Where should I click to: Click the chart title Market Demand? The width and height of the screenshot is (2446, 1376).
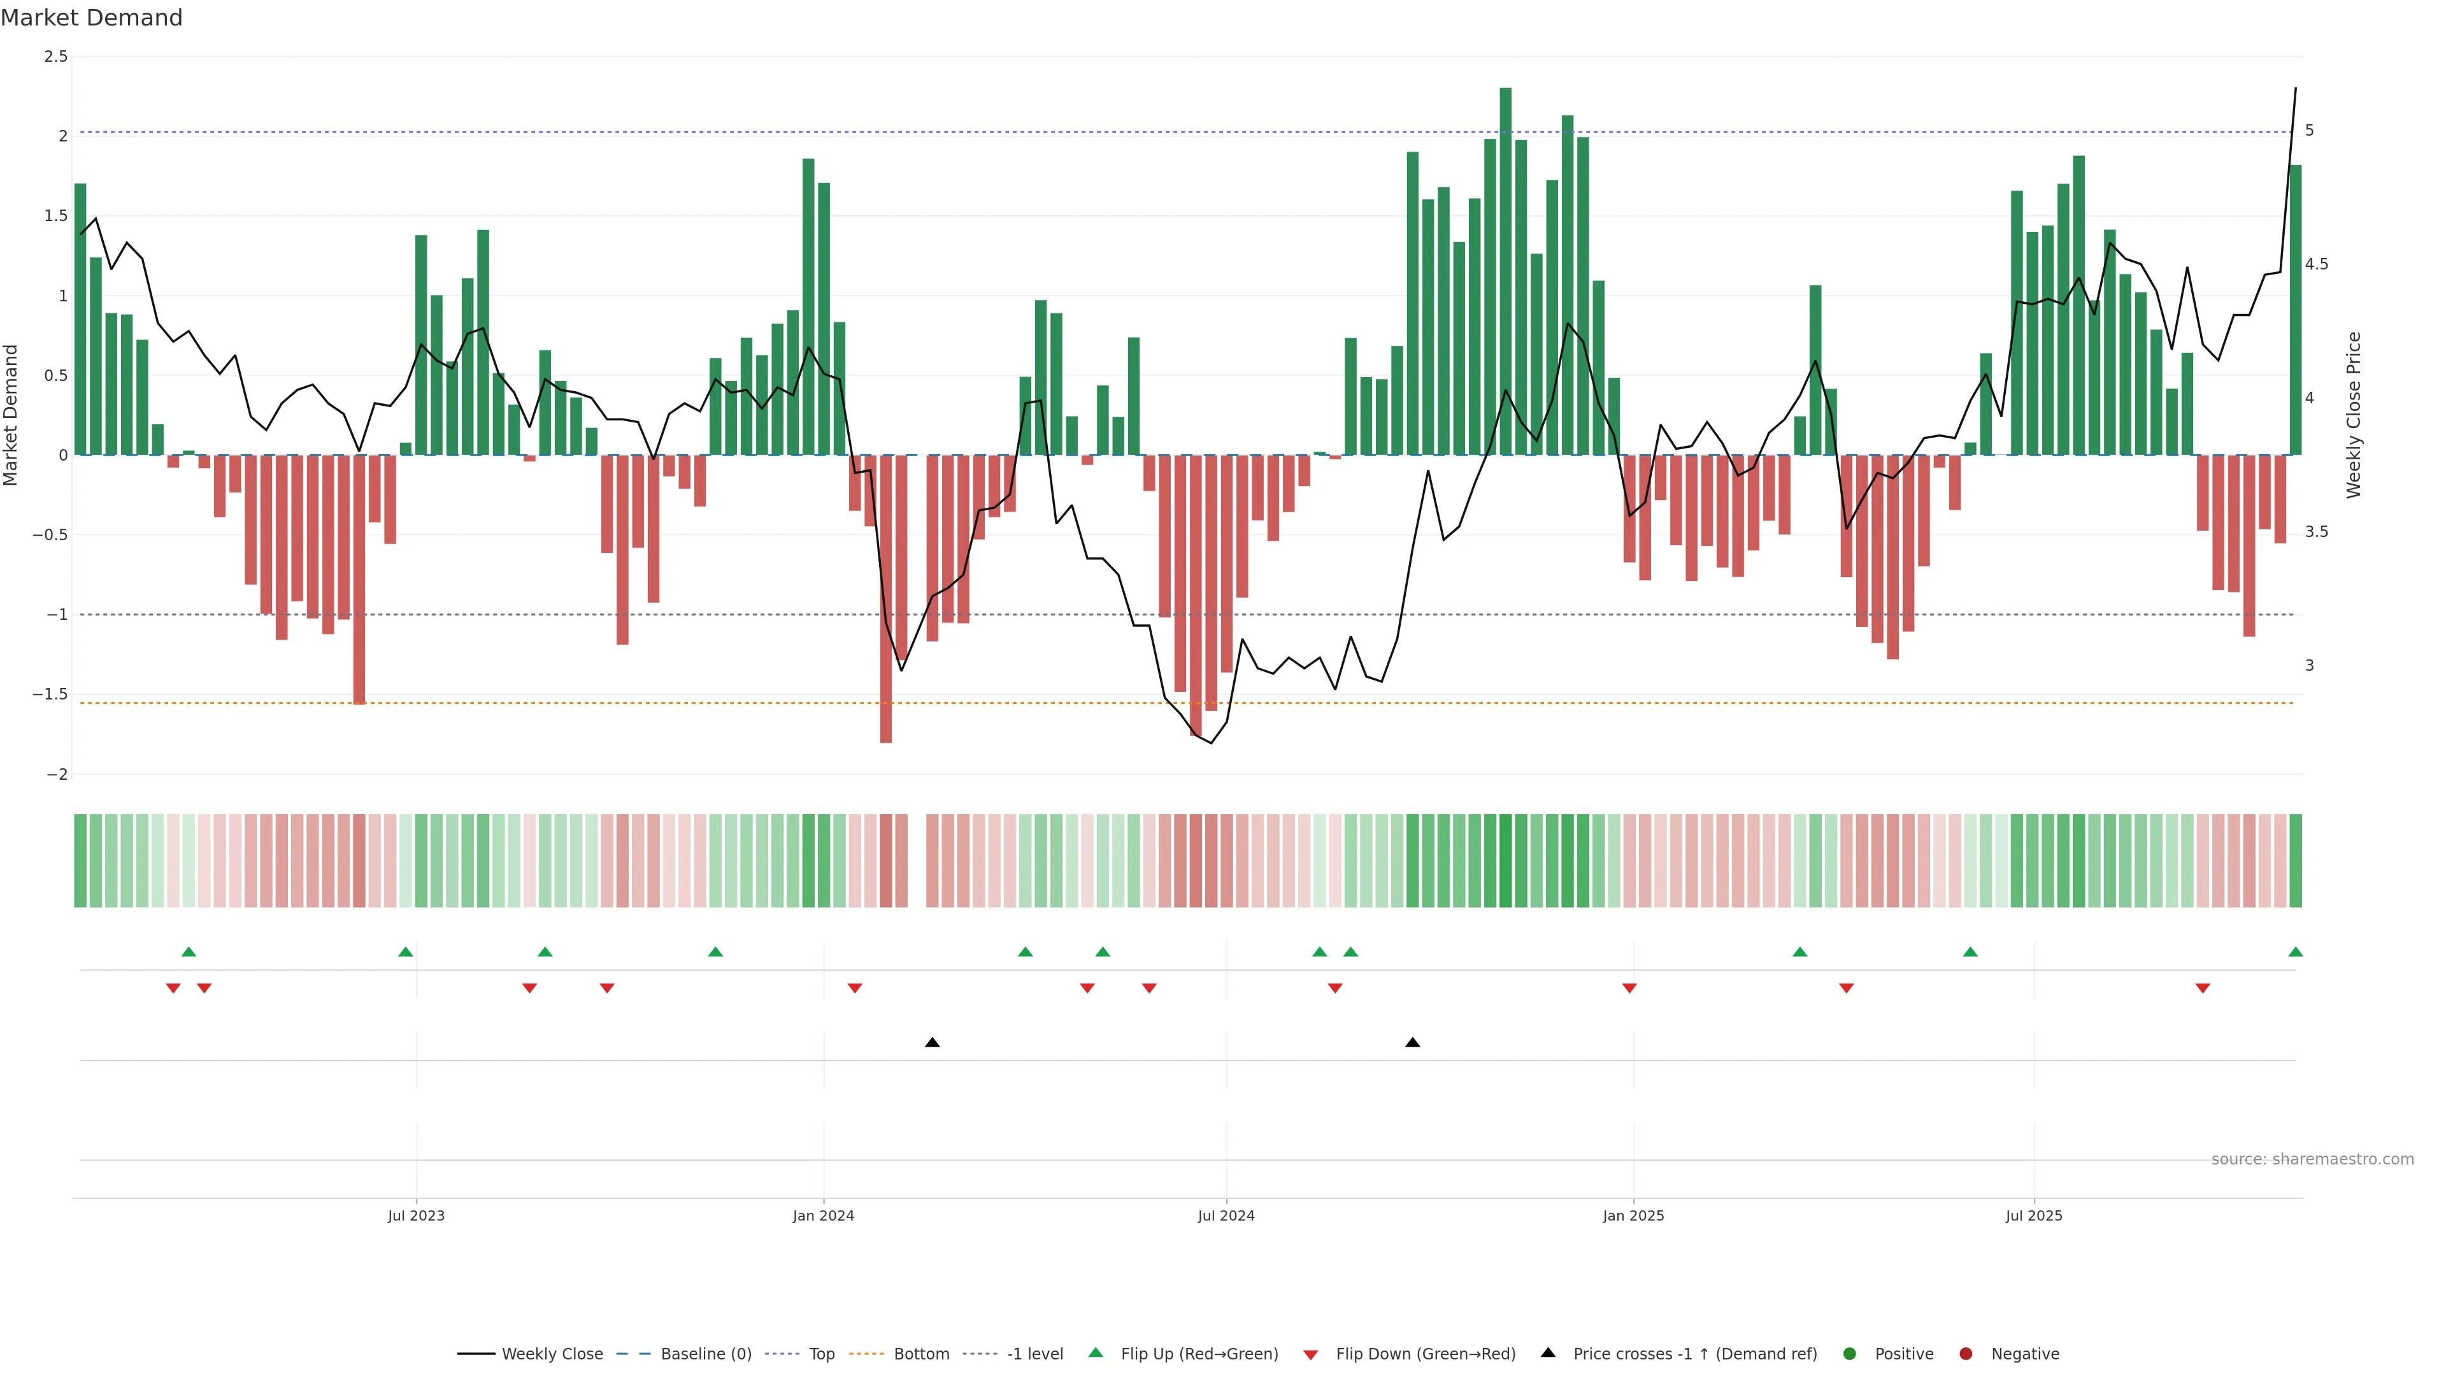tap(91, 18)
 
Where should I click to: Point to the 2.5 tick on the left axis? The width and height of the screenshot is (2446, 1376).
tap(56, 57)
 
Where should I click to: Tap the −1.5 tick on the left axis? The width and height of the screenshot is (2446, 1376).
tap(50, 694)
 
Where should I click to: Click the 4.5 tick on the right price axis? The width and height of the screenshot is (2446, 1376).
tap(2316, 264)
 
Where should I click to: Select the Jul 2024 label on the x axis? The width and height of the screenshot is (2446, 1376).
tap(1226, 1215)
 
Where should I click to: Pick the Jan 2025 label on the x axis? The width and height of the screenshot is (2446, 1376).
tap(1633, 1215)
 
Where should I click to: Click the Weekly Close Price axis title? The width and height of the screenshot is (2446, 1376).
tap(2353, 415)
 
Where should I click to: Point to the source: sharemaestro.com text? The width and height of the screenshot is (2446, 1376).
tap(2312, 1159)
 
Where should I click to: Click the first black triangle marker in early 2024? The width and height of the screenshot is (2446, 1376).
tap(933, 1043)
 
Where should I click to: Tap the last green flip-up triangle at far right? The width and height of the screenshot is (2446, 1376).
tap(2295, 952)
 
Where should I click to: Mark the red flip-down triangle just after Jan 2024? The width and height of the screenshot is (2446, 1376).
tap(855, 989)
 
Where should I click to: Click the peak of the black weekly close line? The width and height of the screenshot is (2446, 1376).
tap(2295, 89)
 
